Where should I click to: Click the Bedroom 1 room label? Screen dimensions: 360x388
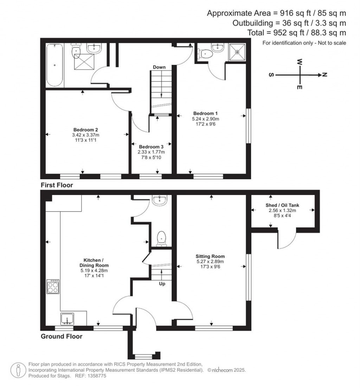pyautogui.click(x=205, y=113)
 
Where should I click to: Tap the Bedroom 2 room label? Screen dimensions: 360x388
pyautogui.click(x=85, y=130)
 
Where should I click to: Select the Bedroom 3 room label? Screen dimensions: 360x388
pyautogui.click(x=151, y=147)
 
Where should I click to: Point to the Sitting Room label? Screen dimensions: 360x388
pyautogui.click(x=210, y=256)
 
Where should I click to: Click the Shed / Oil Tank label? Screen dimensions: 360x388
pyautogui.click(x=282, y=205)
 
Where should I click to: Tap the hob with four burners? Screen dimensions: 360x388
pyautogui.click(x=53, y=286)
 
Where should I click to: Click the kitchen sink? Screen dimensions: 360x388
pyautogui.click(x=67, y=319)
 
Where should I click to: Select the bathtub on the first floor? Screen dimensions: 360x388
pyautogui.click(x=54, y=65)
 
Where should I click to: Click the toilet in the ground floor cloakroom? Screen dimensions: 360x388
pyautogui.click(x=161, y=239)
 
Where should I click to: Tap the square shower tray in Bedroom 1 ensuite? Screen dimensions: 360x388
pyautogui.click(x=237, y=52)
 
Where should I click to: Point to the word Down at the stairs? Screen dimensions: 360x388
pyautogui.click(x=159, y=67)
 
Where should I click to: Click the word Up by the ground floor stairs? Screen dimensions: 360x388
pyautogui.click(x=162, y=284)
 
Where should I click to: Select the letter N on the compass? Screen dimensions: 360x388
pyautogui.click(x=325, y=75)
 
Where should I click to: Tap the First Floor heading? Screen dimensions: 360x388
pyautogui.click(x=57, y=185)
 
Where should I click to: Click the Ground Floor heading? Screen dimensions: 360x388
pyautogui.click(x=62, y=336)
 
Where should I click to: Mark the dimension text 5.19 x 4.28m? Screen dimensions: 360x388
pyautogui.click(x=94, y=271)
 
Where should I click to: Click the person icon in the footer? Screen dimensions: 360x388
pyautogui.click(x=18, y=370)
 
